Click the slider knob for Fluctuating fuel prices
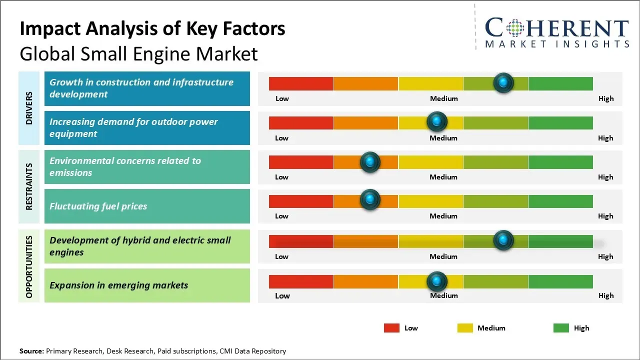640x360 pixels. [370, 200]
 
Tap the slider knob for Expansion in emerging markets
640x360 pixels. [437, 281]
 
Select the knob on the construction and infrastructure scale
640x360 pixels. [503, 82]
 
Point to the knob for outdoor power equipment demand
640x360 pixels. [437, 121]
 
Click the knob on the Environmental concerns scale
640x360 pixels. [370, 161]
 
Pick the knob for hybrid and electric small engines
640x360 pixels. [503, 240]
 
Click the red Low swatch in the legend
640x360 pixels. [391, 328]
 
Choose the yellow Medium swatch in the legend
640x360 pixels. [465, 328]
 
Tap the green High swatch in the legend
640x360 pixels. [561, 328]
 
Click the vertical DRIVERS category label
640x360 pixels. [29, 107]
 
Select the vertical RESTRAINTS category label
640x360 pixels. [29, 186]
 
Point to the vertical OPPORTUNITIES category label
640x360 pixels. [29, 266]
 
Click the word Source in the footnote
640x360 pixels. [31, 351]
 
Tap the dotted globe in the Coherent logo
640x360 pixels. [514, 28]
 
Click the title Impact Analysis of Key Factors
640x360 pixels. [152, 29]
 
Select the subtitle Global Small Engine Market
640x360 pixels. [138, 53]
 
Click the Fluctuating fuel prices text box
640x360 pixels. [147, 206]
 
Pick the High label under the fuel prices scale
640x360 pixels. [605, 216]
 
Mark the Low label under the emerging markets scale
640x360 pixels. [282, 295]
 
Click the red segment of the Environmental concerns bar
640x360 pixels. [301, 161]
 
